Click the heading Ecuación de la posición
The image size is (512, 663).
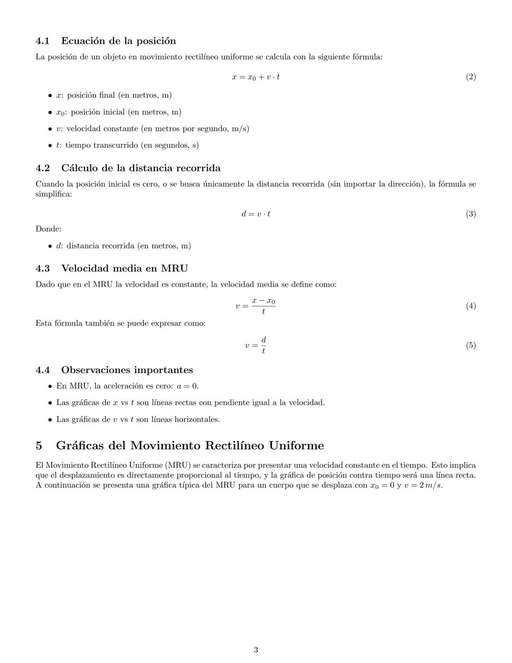point(119,41)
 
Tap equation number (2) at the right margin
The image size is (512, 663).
point(470,77)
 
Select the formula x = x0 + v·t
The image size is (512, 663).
point(256,77)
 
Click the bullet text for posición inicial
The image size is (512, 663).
point(119,112)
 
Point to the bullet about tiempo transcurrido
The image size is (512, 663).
point(127,145)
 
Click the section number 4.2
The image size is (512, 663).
point(43,168)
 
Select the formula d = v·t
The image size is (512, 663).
point(256,214)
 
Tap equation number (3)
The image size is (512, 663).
point(470,214)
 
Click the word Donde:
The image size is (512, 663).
point(48,229)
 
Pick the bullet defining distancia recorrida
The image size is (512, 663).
point(123,246)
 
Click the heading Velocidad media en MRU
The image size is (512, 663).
point(124,269)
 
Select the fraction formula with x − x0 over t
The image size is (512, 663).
point(256,306)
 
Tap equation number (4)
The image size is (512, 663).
point(470,306)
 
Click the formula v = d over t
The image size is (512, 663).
point(256,346)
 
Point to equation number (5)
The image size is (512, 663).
point(470,346)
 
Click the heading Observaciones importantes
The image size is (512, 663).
point(127,370)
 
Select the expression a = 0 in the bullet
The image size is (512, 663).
point(187,386)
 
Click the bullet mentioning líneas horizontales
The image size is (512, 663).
point(137,420)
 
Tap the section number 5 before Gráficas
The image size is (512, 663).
point(39,446)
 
